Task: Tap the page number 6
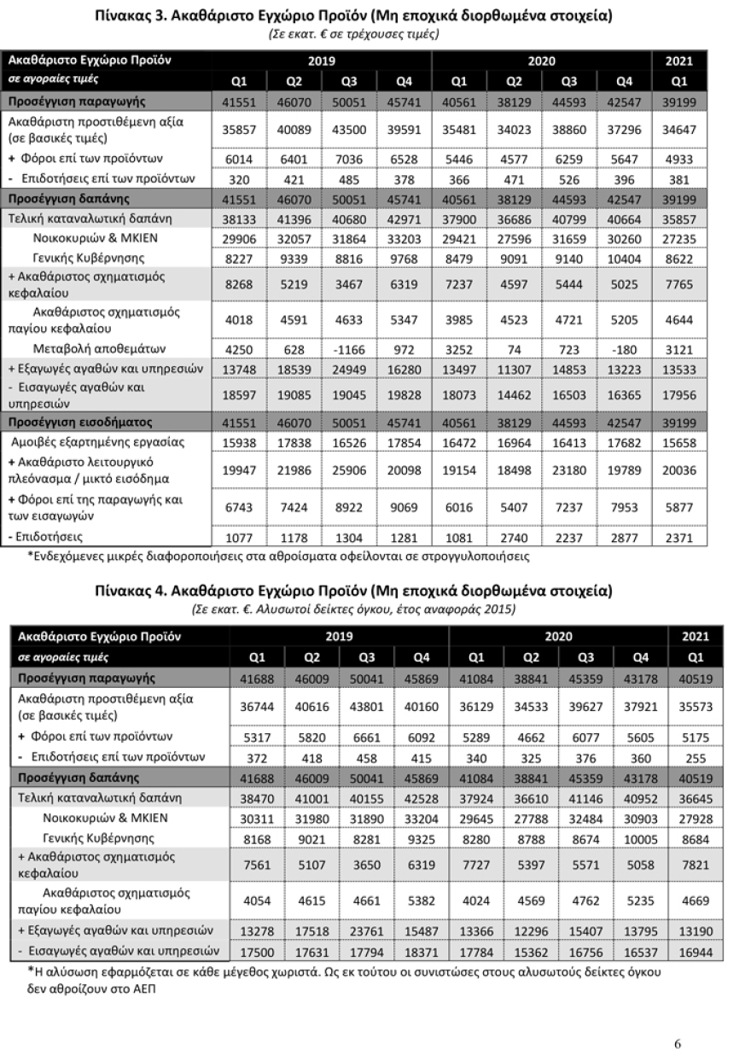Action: coord(677,1019)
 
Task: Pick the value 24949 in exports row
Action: coord(349,369)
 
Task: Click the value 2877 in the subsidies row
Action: coord(625,538)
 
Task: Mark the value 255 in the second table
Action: coord(696,756)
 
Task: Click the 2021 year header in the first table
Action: coord(680,61)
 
